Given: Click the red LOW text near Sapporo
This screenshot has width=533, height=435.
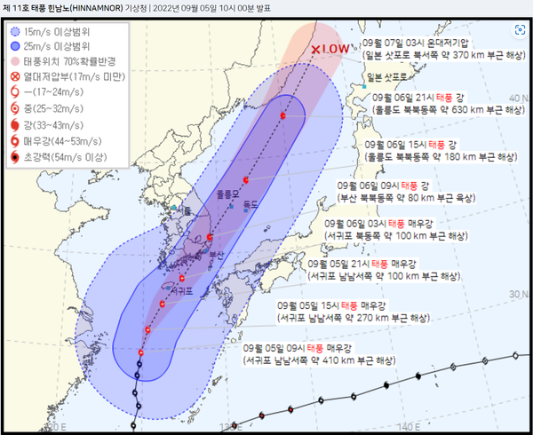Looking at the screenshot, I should click(x=336, y=49).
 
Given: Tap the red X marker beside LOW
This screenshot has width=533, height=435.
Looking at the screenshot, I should click(x=316, y=50).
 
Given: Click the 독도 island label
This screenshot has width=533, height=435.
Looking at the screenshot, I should click(x=251, y=204).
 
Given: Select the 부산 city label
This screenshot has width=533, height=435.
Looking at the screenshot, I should click(x=216, y=255).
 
